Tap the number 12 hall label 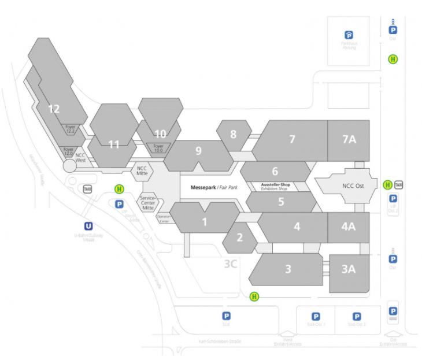(x=54, y=108)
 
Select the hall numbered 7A (x=349, y=139)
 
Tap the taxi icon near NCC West (x=87, y=189)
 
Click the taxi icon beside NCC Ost (x=398, y=185)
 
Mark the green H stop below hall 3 (x=254, y=296)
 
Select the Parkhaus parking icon (x=349, y=35)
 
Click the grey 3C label (x=232, y=263)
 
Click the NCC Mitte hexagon (x=142, y=170)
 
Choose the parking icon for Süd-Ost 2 (x=357, y=316)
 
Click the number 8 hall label (x=233, y=134)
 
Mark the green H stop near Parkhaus (x=393, y=59)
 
